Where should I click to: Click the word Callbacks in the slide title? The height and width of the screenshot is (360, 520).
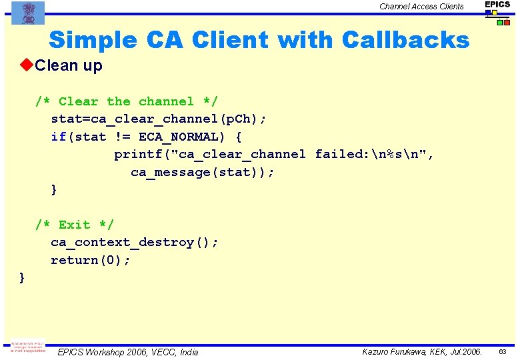point(405,41)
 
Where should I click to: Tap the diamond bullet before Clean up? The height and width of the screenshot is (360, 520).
point(27,65)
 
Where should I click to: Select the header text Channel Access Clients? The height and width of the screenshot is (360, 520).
point(421,7)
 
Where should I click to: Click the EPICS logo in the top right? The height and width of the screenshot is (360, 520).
point(497,12)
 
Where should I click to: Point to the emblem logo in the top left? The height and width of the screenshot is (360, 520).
point(28,12)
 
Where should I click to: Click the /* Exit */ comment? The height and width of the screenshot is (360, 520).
point(74,225)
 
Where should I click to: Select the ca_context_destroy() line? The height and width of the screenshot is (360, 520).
point(134,242)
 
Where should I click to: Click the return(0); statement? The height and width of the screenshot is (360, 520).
point(91,260)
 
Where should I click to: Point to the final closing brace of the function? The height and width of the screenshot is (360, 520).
point(23,277)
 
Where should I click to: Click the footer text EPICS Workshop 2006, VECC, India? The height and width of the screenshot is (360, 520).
point(127,352)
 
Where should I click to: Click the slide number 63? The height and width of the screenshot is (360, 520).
point(503,351)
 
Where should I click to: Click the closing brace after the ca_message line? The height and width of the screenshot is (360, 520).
point(54,190)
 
